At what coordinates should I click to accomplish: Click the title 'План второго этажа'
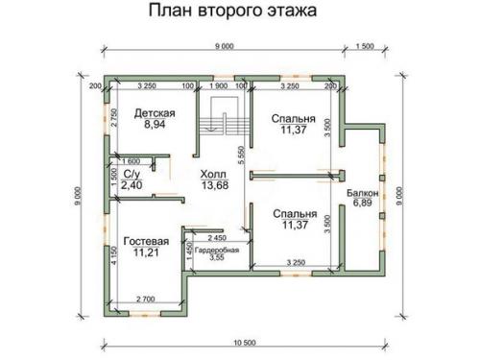coord(233,12)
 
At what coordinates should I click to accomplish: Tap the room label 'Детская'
coord(154,112)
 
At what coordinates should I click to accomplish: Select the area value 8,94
coord(154,125)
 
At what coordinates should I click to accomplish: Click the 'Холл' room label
coord(214,174)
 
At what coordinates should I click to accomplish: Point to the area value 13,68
coord(214,186)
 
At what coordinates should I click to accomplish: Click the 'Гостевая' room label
coord(146,241)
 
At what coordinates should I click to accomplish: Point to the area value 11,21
coord(146,253)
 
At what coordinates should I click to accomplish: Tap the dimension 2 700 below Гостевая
coord(146,301)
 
